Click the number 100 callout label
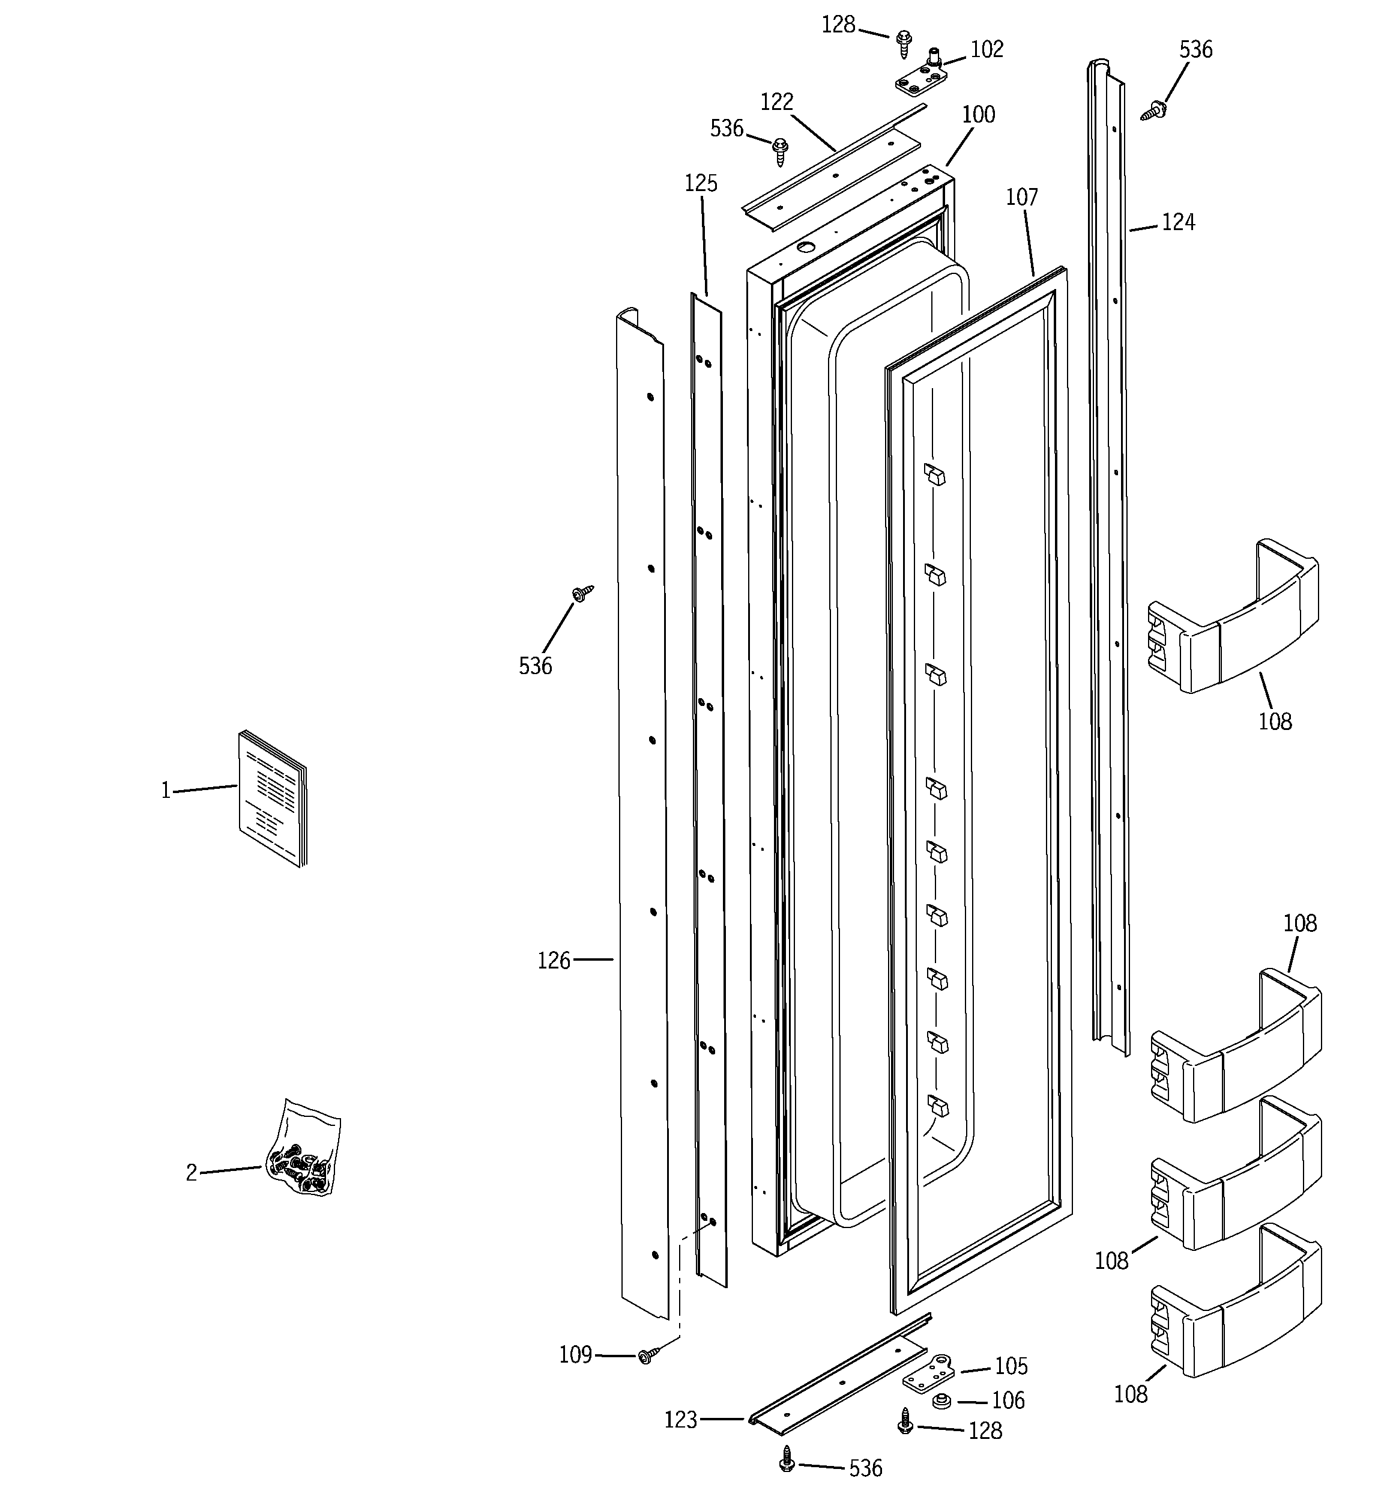pos(978,114)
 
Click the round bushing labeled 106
pos(941,1401)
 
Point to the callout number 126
pos(554,961)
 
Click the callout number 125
pos(701,183)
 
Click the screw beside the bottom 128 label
pos(905,1421)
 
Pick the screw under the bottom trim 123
pos(786,1459)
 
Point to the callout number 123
pos(680,1420)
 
